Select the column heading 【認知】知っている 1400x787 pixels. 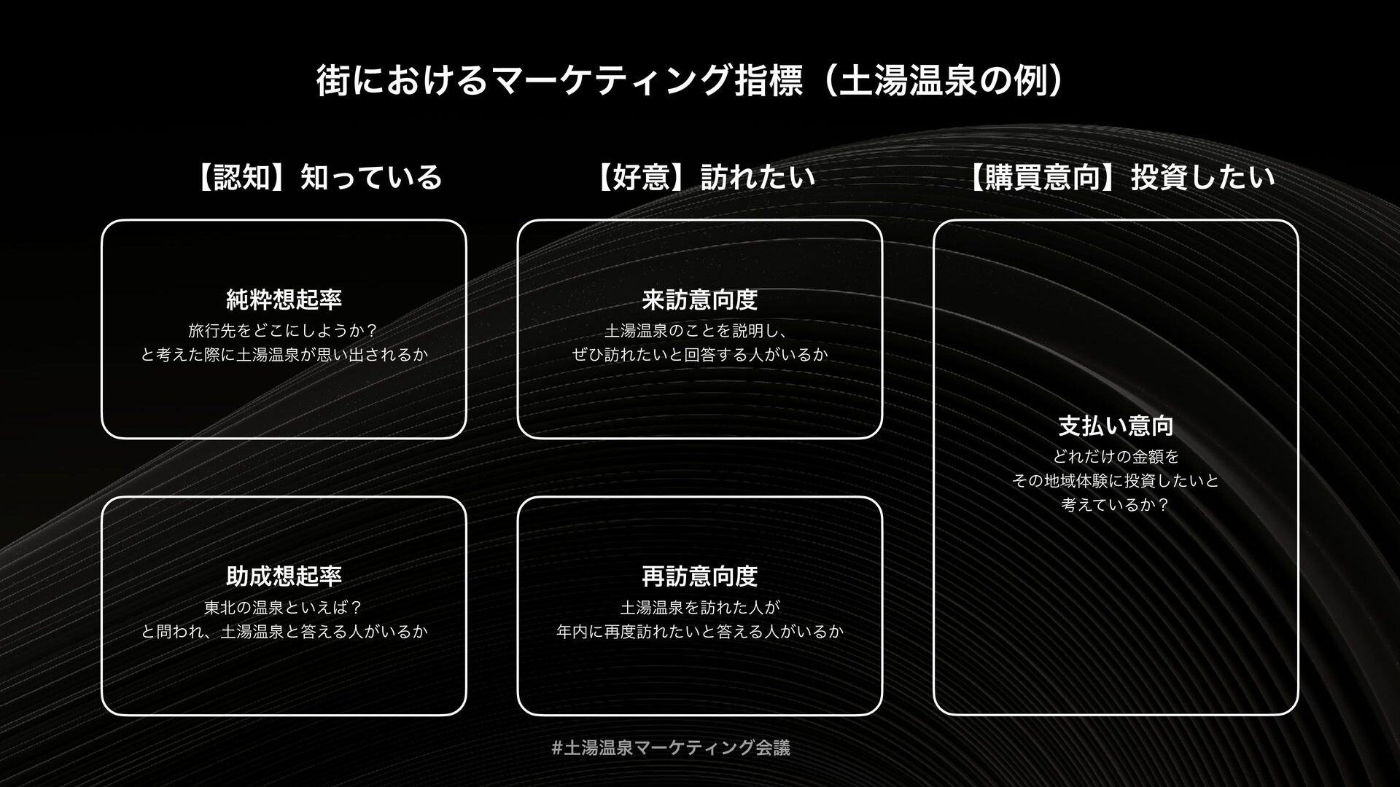point(318,177)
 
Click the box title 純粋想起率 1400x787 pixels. point(284,299)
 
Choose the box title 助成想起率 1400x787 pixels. point(284,576)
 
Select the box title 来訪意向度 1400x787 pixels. point(700,299)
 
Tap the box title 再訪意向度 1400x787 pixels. point(700,576)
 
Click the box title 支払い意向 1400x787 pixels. point(1116,426)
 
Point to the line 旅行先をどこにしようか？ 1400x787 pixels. point(284,331)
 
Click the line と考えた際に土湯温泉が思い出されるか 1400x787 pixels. point(284,356)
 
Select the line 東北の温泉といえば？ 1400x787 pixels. point(284,607)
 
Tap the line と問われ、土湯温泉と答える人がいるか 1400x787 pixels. point(284,631)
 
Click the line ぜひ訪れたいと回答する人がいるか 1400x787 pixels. point(700,356)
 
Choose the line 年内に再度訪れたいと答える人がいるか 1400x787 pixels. point(700,631)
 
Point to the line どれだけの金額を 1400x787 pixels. point(1116,457)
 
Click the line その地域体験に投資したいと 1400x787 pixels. point(1116,481)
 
